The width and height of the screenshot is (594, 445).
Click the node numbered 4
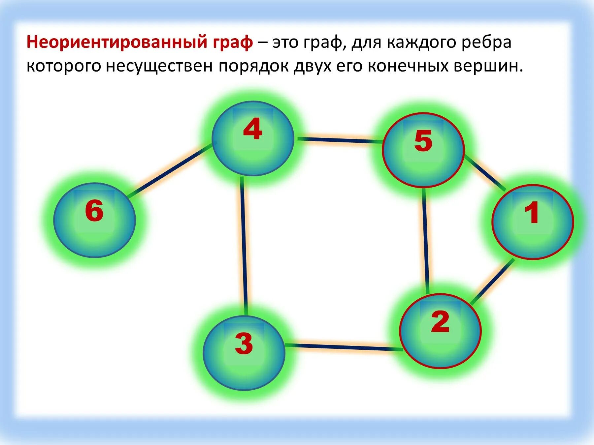pos(253,138)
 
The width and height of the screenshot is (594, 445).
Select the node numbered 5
pos(423,150)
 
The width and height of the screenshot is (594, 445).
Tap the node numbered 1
pos(533,222)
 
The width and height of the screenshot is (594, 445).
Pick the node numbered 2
pos(440,331)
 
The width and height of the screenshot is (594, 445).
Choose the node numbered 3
pos(244,353)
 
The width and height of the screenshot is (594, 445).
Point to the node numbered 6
pos(95,220)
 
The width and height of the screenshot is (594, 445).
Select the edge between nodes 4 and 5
pos(340,140)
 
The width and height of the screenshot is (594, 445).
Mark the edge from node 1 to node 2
pos(492,281)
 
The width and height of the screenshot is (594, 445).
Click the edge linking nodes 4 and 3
pos(244,246)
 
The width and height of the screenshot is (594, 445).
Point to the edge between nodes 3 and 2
pos(343,347)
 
